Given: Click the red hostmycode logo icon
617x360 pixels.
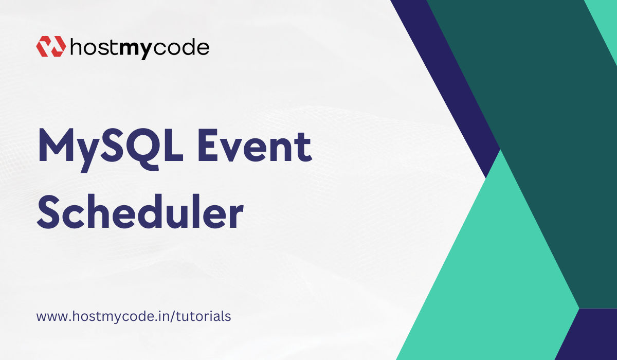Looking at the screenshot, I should [50, 47].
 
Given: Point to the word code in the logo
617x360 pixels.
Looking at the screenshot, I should [182, 47].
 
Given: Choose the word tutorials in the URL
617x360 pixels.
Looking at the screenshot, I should [203, 316].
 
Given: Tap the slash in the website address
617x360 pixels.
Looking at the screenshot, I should [173, 316].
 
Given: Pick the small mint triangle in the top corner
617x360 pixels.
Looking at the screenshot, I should [607, 15].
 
